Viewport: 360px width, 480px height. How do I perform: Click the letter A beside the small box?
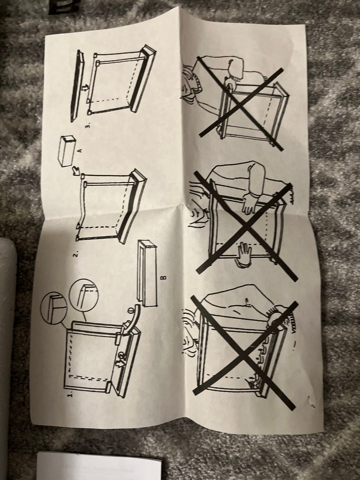[80, 150]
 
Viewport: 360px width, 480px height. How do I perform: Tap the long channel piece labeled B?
[147, 273]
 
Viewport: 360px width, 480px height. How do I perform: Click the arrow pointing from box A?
[76, 170]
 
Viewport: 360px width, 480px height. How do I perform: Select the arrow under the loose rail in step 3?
[87, 88]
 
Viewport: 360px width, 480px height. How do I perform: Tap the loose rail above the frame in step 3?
[77, 85]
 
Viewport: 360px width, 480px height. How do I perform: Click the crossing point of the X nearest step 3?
[241, 105]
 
